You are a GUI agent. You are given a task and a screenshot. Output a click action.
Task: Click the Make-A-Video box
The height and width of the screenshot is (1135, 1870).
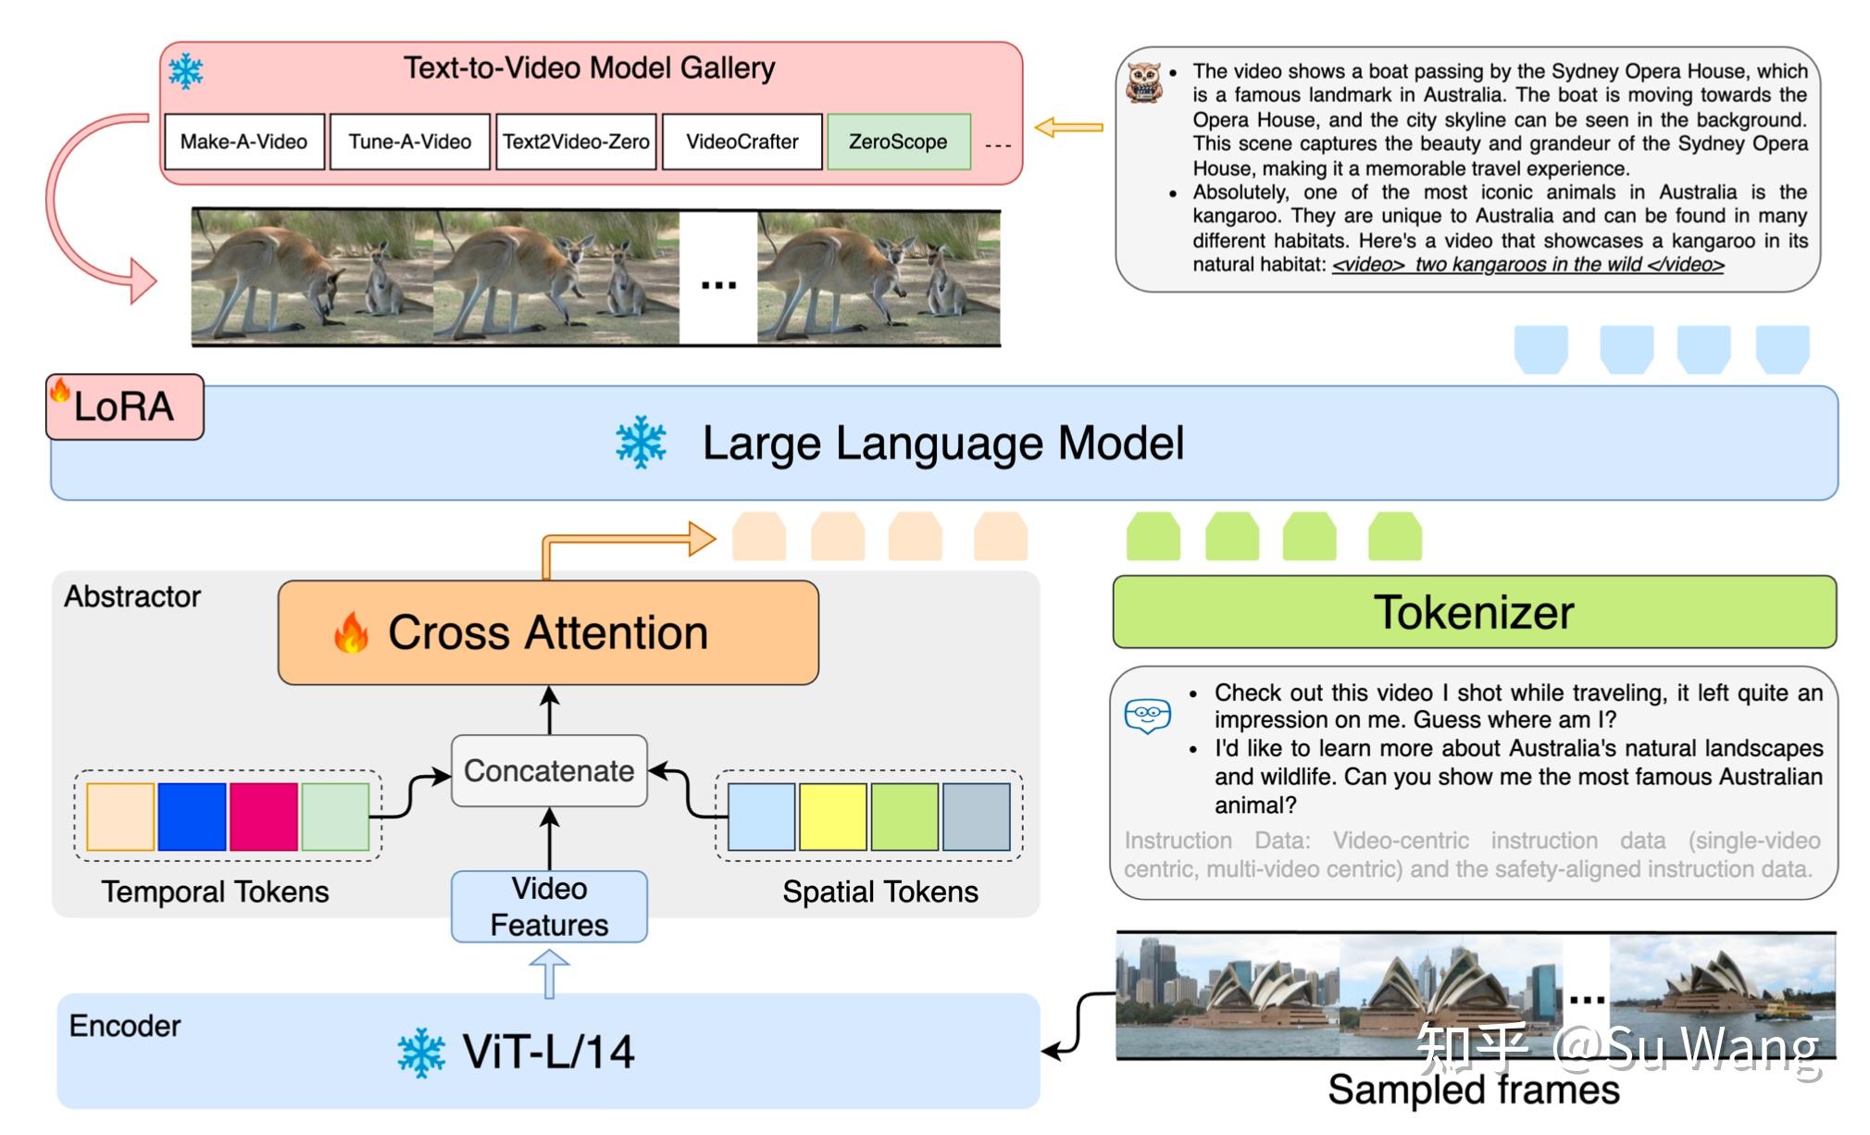coord(244,142)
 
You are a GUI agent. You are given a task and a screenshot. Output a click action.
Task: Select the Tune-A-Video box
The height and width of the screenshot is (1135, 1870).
coord(409,142)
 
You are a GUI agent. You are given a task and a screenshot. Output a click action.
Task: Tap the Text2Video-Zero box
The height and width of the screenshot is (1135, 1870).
coord(576,142)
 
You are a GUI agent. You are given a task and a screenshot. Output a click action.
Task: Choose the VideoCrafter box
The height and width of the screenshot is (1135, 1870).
coord(742,142)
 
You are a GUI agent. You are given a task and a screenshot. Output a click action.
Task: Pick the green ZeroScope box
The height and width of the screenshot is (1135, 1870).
coord(898,142)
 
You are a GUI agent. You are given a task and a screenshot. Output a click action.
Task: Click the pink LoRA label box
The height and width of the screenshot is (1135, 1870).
coord(124,406)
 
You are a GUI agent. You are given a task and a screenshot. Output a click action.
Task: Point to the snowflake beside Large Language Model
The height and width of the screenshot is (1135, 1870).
coord(641,443)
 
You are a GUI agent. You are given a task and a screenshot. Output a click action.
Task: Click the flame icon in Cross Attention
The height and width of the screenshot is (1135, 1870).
coord(351,633)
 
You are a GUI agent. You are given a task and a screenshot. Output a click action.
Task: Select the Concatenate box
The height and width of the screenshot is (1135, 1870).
coord(549,770)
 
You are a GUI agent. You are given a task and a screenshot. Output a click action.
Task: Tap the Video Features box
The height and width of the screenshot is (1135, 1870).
coord(549,906)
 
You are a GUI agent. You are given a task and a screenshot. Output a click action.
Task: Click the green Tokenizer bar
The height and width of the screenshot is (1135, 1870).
coord(1474,612)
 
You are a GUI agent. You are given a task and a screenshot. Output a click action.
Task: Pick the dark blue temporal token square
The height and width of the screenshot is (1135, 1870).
coord(192,817)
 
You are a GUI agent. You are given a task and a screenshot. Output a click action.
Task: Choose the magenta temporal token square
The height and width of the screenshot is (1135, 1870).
coord(264,817)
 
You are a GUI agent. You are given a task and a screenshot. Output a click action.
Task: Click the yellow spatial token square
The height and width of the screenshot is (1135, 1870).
coord(832,817)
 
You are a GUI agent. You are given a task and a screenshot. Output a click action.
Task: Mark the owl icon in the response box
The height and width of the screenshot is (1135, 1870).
coord(1144,82)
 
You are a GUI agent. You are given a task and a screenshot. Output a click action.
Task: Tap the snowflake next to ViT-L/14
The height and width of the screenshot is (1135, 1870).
coord(421,1053)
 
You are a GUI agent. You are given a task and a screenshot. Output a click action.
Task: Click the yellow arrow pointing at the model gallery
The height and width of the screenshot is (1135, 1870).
coord(1068,127)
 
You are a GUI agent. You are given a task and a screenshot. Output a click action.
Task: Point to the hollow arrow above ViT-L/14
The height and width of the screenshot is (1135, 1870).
coord(549,975)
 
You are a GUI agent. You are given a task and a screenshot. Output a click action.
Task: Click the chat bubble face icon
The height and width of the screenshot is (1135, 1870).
coord(1148,715)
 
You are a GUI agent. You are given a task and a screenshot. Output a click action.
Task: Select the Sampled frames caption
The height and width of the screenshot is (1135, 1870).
coord(1474,1090)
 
